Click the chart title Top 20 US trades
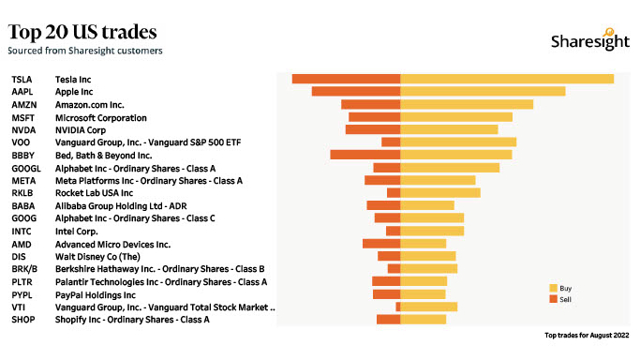[x=82, y=34]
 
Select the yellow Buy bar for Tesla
[x=507, y=79]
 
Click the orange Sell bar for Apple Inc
[x=356, y=92]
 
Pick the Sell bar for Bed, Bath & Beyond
[x=365, y=155]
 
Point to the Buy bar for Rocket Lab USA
[x=440, y=193]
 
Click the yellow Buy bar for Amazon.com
[x=467, y=104]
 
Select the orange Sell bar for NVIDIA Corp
[x=373, y=129]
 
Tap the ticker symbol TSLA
[x=22, y=79]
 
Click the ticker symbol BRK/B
[x=24, y=269]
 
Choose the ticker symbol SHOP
[x=22, y=320]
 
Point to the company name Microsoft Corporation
[x=101, y=117]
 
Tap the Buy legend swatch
[x=553, y=288]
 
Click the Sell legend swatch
[x=553, y=299]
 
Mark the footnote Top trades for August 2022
[x=587, y=335]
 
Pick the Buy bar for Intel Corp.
[x=432, y=231]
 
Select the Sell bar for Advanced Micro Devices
[x=381, y=244]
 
